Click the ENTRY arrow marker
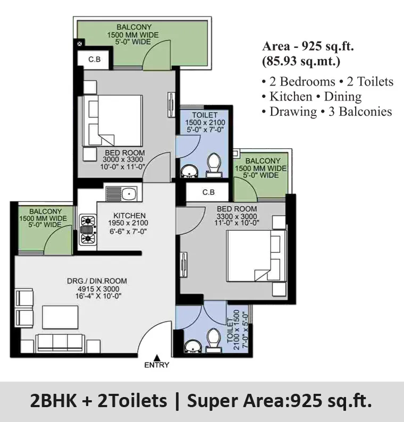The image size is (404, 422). (x=157, y=358)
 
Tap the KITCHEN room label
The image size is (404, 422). (x=130, y=216)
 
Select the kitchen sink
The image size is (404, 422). (x=121, y=194)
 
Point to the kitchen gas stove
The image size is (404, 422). (x=88, y=230)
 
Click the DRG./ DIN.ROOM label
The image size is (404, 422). (x=97, y=281)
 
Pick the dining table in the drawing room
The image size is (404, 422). (x=60, y=317)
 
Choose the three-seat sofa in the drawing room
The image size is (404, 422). (x=60, y=343)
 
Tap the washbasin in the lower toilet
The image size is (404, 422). (x=192, y=346)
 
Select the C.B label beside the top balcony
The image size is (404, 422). (x=95, y=59)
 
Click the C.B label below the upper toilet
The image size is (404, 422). (x=208, y=192)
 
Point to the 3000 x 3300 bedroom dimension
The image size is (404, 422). (x=123, y=159)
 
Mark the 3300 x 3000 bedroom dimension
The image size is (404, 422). (x=237, y=216)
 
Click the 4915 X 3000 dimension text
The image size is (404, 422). (x=98, y=289)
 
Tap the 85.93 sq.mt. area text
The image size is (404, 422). (x=301, y=62)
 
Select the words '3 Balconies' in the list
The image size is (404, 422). (x=360, y=112)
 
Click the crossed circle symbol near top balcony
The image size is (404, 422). (x=80, y=44)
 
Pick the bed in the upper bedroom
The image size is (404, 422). (x=113, y=121)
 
